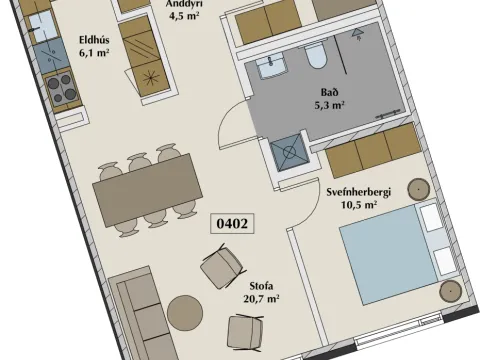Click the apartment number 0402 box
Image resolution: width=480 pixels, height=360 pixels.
pyautogui.click(x=232, y=224)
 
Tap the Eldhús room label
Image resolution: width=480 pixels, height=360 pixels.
pyautogui.click(x=94, y=40)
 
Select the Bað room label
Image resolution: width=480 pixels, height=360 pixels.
pyautogui.click(x=330, y=92)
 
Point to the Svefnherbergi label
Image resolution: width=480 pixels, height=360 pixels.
pyautogui.click(x=358, y=192)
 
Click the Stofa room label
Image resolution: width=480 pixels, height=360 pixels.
pyautogui.click(x=261, y=286)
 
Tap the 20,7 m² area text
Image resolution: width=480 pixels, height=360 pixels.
pyautogui.click(x=261, y=299)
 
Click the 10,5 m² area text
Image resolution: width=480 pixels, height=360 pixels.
pyautogui.click(x=359, y=204)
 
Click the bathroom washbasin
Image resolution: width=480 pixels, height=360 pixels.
pyautogui.click(x=272, y=67)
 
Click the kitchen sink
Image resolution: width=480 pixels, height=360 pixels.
pyautogui.click(x=43, y=27)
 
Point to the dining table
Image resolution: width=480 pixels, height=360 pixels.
pyautogui.click(x=148, y=190)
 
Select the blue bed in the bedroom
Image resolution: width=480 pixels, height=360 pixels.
pyautogui.click(x=388, y=254)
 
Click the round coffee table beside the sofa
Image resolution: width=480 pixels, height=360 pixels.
pyautogui.click(x=185, y=313)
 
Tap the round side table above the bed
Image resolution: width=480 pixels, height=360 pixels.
pyautogui.click(x=419, y=189)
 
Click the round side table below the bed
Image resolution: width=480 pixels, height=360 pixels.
pyautogui.click(x=450, y=291)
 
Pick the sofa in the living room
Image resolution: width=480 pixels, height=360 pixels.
pyautogui.click(x=143, y=313)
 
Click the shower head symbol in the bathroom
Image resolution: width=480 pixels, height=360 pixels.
pyautogui.click(x=357, y=33)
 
